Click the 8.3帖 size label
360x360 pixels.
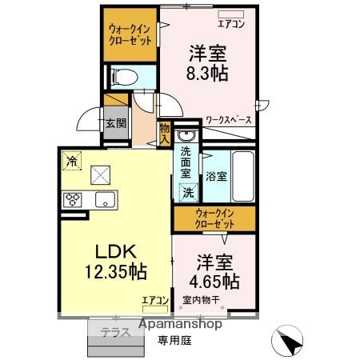click(208, 74)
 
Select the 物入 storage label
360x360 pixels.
click(164, 133)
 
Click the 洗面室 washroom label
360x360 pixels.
click(186, 162)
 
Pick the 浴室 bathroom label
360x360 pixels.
click(215, 174)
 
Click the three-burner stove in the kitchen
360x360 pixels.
click(74, 199)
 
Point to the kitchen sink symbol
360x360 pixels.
click(106, 198)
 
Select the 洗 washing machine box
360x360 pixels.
click(188, 192)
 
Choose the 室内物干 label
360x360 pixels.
click(202, 301)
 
